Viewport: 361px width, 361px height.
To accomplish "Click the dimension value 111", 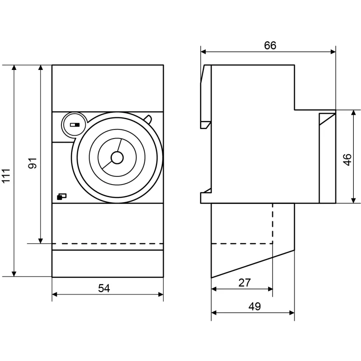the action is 6,176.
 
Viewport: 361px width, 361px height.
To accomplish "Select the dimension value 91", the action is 32,163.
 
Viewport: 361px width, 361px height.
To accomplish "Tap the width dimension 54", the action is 104,288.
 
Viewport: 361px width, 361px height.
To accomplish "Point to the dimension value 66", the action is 270,46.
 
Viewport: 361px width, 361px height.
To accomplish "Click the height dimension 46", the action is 347,159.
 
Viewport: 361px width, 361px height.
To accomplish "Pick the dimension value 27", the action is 244,282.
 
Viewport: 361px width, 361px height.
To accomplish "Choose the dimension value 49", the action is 255,306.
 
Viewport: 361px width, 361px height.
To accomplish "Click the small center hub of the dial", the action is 117,157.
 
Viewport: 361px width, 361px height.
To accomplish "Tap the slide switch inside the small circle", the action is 75,125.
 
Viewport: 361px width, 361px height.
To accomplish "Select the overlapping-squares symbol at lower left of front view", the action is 61,197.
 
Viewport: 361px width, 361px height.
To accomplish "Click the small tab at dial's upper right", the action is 148,119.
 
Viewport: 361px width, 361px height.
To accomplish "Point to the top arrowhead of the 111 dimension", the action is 14,67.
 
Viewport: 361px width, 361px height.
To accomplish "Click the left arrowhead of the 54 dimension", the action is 55,295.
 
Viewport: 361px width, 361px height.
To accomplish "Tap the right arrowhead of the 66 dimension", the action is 333,52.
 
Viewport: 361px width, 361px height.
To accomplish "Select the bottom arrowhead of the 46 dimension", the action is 354,200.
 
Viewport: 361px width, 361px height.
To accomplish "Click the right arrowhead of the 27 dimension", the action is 270,289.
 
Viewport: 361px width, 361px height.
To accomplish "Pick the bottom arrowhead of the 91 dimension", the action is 41,241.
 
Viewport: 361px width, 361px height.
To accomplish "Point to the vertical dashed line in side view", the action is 273,223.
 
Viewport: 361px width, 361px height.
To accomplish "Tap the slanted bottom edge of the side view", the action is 253,264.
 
